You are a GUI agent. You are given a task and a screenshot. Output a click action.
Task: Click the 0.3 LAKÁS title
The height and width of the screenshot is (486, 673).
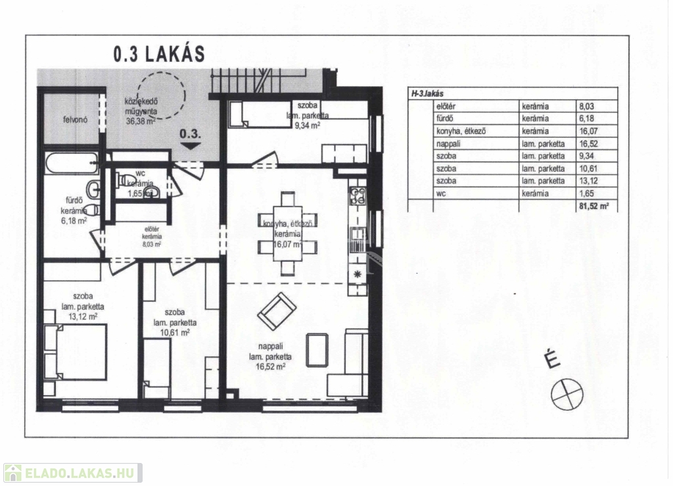click(159, 54)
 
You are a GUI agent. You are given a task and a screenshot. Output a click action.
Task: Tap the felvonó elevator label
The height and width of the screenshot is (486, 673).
click(75, 120)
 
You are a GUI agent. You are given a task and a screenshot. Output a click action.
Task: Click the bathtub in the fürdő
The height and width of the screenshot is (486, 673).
click(71, 162)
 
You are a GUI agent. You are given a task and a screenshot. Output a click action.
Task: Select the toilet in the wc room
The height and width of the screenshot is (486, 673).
click(124, 180)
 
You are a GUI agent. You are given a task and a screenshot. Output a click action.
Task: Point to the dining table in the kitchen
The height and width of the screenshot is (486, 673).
click(288, 233)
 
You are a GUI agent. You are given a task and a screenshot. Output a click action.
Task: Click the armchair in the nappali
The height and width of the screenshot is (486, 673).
click(277, 311)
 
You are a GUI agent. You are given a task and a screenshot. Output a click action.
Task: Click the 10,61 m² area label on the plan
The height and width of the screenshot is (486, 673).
click(175, 333)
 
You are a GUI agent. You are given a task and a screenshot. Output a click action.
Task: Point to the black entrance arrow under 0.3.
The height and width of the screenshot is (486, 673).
click(191, 146)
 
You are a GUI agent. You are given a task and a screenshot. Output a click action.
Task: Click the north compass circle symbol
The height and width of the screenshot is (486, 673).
click(567, 394)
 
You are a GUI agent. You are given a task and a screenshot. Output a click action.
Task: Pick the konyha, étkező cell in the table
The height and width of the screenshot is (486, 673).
click(461, 132)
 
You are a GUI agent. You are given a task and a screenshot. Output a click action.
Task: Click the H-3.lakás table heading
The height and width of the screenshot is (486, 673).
click(427, 93)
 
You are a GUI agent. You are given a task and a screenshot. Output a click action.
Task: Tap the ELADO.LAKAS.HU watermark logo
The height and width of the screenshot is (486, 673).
click(73, 473)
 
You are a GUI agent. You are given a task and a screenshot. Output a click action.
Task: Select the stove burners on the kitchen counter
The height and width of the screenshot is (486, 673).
click(358, 196)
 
